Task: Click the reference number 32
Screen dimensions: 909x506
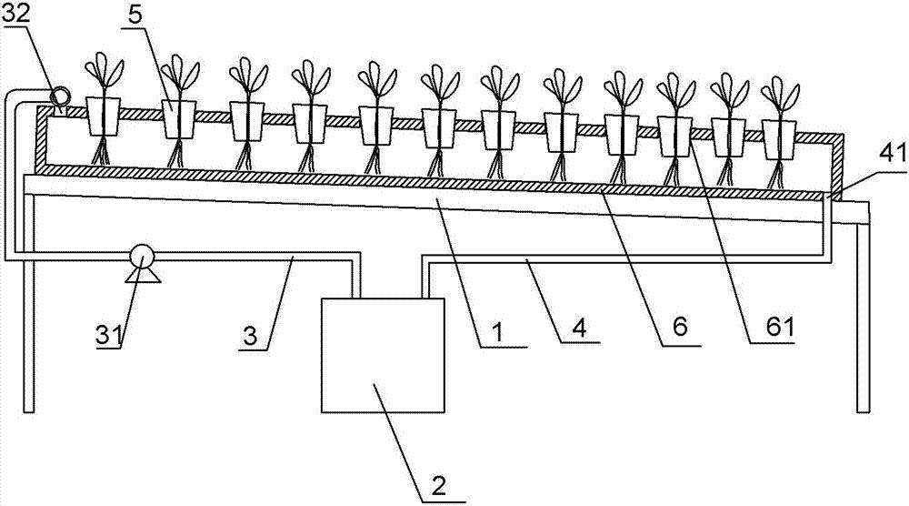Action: pyautogui.click(x=15, y=15)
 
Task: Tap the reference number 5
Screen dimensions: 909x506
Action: pyautogui.click(x=135, y=15)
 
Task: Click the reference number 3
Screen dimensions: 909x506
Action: pyautogui.click(x=251, y=336)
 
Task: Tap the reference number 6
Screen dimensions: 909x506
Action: pyautogui.click(x=680, y=327)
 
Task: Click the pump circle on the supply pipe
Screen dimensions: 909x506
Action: pyautogui.click(x=142, y=257)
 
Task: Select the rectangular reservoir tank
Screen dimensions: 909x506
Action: pyautogui.click(x=384, y=355)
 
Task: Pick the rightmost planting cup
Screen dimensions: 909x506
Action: pyautogui.click(x=779, y=139)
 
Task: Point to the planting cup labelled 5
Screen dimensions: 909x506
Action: pyautogui.click(x=178, y=119)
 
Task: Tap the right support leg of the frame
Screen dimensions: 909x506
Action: pyautogui.click(x=864, y=318)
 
